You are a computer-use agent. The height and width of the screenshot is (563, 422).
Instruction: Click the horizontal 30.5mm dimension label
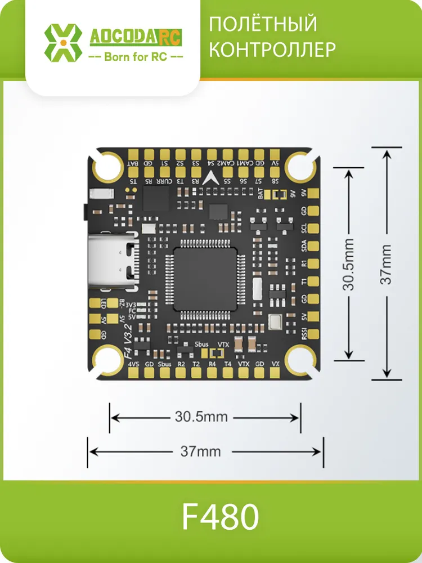(201, 417)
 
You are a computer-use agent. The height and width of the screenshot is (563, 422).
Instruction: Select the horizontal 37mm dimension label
(200, 451)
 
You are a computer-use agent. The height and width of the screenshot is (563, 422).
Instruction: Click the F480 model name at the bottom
(220, 517)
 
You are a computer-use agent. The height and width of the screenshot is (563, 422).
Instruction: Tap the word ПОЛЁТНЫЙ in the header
(263, 25)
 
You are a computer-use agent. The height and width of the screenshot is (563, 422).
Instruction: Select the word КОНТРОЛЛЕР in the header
(272, 50)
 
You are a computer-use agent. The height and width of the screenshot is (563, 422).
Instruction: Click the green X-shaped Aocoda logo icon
(63, 42)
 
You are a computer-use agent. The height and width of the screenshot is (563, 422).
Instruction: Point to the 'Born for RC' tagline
(136, 57)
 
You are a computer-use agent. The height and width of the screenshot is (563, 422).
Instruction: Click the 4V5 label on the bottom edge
(133, 364)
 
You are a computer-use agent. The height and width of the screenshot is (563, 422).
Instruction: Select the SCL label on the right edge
(304, 229)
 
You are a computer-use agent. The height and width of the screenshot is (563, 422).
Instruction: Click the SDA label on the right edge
(304, 246)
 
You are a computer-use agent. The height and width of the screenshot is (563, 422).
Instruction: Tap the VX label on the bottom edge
(275, 364)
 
